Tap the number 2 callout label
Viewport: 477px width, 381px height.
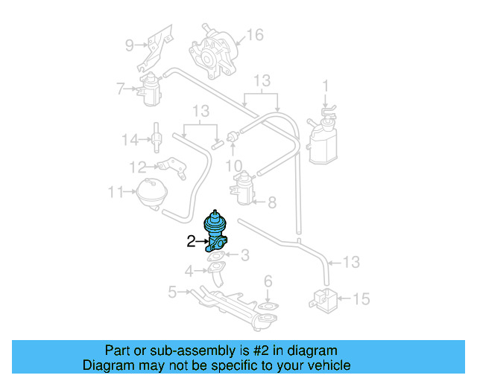tap(191, 241)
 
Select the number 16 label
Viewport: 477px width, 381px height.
tap(255, 35)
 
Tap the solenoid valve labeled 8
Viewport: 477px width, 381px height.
tap(242, 188)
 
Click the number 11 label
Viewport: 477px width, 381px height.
tap(114, 192)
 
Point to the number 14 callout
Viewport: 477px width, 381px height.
tap(130, 139)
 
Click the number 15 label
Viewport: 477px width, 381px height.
tap(361, 299)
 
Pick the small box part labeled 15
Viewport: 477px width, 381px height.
tap(323, 298)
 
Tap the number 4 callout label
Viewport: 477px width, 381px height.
tap(189, 271)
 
